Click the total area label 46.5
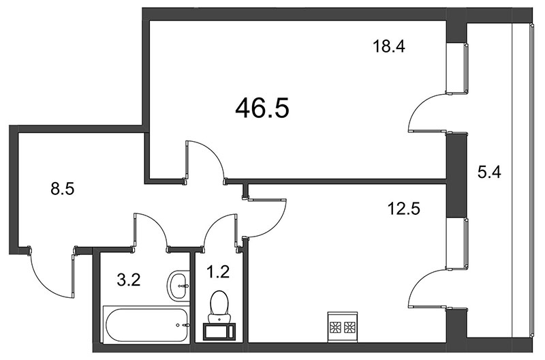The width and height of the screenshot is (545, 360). point(262,108)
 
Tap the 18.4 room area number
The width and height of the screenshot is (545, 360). point(388,46)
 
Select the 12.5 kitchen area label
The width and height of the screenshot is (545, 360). point(403,209)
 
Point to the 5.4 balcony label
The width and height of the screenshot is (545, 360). point(489,172)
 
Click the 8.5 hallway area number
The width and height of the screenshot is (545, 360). point(63,190)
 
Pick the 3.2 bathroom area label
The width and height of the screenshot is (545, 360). point(129,280)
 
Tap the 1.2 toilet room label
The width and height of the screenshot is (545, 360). point(219,271)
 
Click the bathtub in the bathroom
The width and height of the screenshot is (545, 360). point(145,325)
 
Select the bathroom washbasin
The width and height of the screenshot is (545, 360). point(178,284)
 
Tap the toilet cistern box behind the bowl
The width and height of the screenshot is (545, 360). point(219,331)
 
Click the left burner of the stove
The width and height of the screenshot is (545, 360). point(335,327)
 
